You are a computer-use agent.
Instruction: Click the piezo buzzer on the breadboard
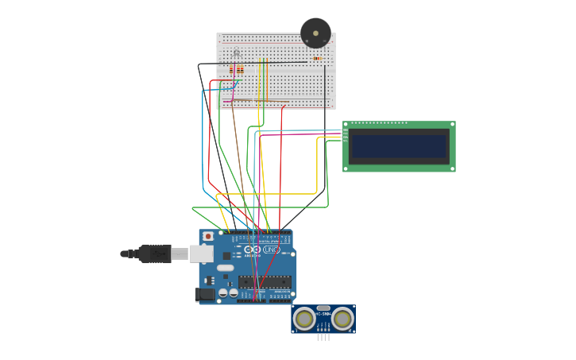pyautogui.click(x=315, y=33)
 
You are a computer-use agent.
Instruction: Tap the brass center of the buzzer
pyautogui.click(x=315, y=33)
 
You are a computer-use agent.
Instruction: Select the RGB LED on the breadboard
pyautogui.click(x=236, y=53)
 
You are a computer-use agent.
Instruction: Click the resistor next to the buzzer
pyautogui.click(x=317, y=58)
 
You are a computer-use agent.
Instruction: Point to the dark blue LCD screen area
pyautogui.click(x=399, y=146)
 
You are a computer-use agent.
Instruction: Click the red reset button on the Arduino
pyautogui.click(x=208, y=236)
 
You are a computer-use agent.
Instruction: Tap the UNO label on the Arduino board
pyautogui.click(x=271, y=250)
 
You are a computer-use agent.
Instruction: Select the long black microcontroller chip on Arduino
pyautogui.click(x=265, y=282)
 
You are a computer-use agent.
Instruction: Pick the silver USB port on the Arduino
pyautogui.click(x=202, y=254)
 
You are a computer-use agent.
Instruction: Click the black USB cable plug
pyautogui.click(x=154, y=254)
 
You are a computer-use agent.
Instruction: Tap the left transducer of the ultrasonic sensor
pyautogui.click(x=303, y=319)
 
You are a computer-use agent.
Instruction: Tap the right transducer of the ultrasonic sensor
pyautogui.click(x=342, y=319)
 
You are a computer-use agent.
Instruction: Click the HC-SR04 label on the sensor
pyautogui.click(x=323, y=314)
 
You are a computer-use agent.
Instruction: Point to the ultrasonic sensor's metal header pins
pyautogui.click(x=323, y=337)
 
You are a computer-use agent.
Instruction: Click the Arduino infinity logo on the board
pyautogui.click(x=252, y=250)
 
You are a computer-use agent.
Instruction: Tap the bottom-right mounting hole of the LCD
pyautogui.click(x=452, y=168)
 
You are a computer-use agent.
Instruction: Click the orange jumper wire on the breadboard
pyautogui.click(x=267, y=79)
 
